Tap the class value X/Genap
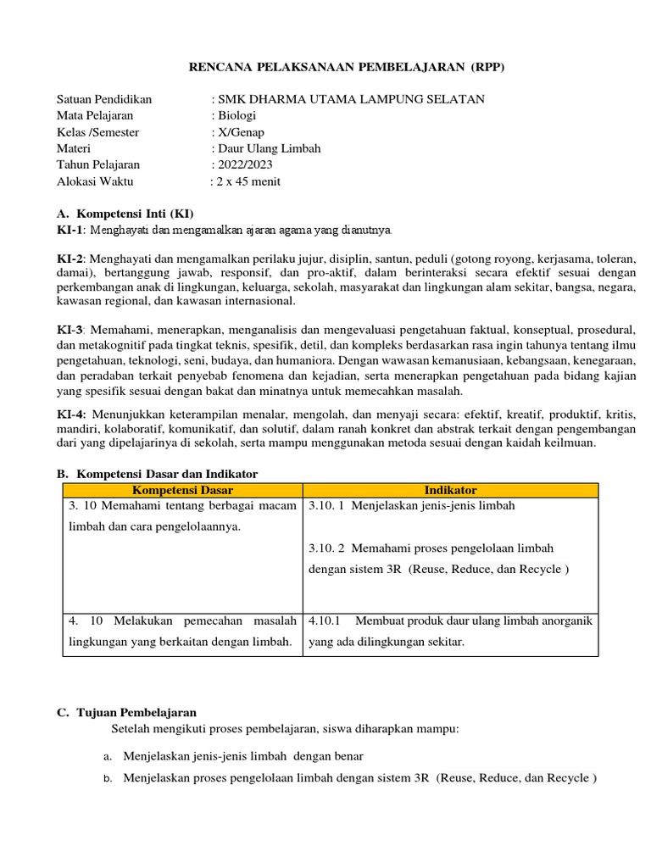pyautogui.click(x=240, y=132)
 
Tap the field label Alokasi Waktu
pyautogui.click(x=95, y=181)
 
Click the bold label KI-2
pyautogui.click(x=70, y=259)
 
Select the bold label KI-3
pyautogui.click(x=70, y=329)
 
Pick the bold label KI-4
pyautogui.click(x=70, y=415)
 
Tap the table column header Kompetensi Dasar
pyautogui.click(x=182, y=491)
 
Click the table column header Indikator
pyautogui.click(x=450, y=491)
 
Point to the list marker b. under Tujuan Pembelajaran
pyautogui.click(x=108, y=779)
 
